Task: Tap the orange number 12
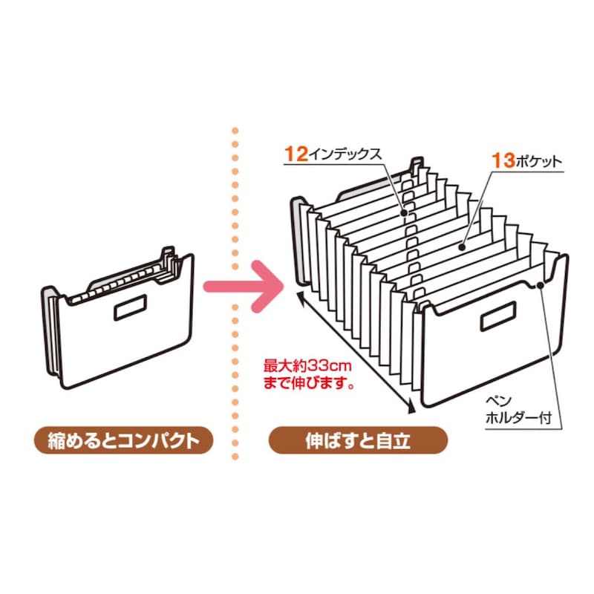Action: [296, 154]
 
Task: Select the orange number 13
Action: [503, 160]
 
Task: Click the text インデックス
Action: [345, 155]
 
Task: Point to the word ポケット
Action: [538, 162]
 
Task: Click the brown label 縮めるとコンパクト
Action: [123, 440]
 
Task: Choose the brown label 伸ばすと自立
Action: [358, 440]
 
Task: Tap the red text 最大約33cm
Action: [307, 366]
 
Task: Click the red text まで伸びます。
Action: [309, 383]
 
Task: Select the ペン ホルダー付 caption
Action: [518, 410]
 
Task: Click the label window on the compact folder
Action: [131, 307]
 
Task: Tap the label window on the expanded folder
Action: [498, 317]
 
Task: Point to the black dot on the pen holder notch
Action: [541, 285]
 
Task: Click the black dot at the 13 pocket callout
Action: [461, 247]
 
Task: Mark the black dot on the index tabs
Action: [404, 213]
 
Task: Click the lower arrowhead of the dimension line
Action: [411, 410]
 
